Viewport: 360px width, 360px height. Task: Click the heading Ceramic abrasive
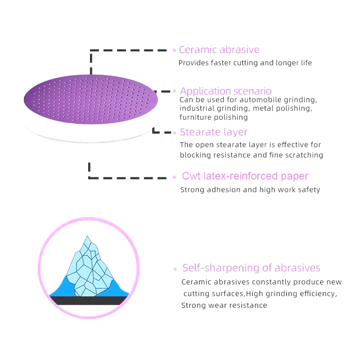click(219, 50)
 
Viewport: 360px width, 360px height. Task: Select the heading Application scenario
click(226, 91)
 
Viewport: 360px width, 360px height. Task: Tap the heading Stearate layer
click(214, 132)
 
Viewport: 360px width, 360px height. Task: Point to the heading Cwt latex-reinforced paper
click(245, 176)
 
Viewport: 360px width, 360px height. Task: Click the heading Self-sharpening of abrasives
click(251, 268)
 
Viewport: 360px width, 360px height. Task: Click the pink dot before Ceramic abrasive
click(175, 50)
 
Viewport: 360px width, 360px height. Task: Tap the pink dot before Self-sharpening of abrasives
click(175, 269)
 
